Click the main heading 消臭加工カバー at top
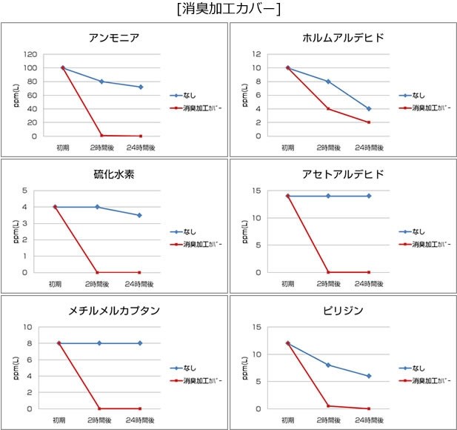(228, 10)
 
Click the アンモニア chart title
(114, 38)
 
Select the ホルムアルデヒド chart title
(344, 38)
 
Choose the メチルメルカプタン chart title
(113, 310)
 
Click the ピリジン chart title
(344, 310)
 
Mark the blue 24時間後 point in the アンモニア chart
(140, 87)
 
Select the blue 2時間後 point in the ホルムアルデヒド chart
(328, 82)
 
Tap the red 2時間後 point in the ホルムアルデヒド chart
(328, 109)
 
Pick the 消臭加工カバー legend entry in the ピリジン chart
(430, 380)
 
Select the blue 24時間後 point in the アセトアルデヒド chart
(368, 196)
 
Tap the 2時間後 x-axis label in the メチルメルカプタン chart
(99, 420)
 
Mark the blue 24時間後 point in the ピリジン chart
(368, 376)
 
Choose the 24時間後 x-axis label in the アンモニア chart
(140, 147)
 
